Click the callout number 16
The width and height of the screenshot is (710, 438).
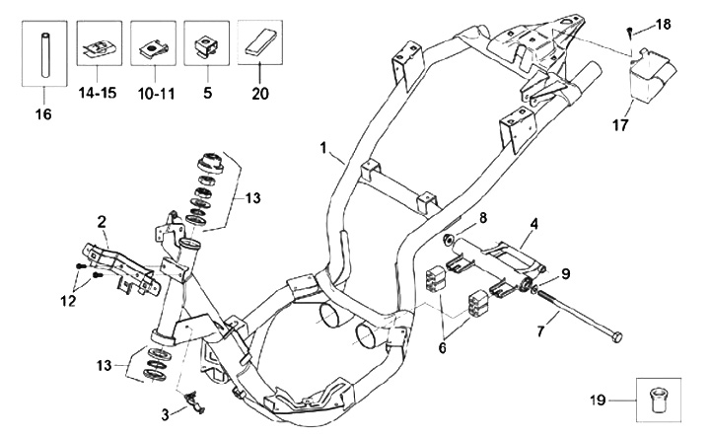click(x=41, y=113)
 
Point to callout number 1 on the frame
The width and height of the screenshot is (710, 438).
click(x=322, y=147)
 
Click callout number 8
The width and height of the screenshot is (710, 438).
click(x=482, y=216)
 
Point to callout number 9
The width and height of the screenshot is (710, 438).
click(x=565, y=273)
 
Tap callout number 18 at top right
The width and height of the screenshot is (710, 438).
click(x=663, y=23)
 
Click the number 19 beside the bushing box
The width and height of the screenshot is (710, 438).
click(x=595, y=401)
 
